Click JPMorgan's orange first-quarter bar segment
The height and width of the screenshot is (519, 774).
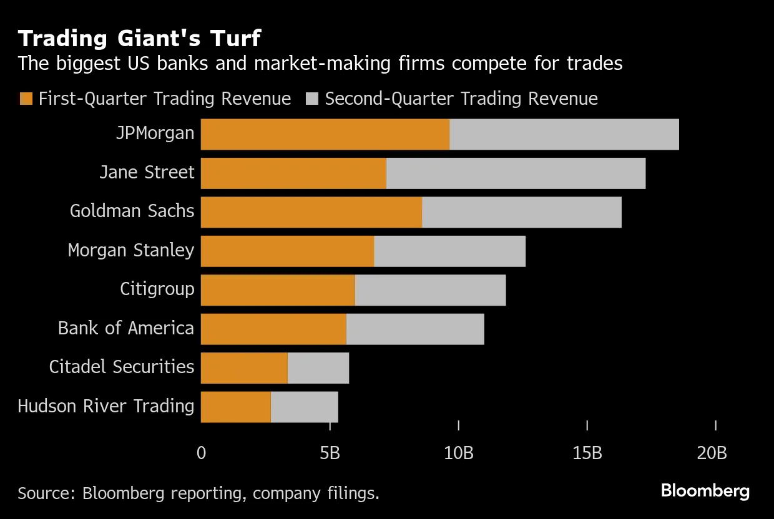[x=325, y=134]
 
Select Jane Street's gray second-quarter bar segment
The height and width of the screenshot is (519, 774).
[x=516, y=173]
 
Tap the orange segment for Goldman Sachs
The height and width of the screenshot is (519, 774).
[x=311, y=212]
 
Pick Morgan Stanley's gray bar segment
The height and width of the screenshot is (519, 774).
[x=449, y=251]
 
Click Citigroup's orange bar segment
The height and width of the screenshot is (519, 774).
[x=278, y=290]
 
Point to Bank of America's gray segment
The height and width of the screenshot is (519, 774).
[x=415, y=329]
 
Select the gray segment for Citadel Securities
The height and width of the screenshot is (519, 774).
[x=318, y=368]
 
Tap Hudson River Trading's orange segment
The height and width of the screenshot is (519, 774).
[x=235, y=407]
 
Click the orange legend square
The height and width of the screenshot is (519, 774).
[x=26, y=99]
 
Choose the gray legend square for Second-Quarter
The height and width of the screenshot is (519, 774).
[x=313, y=99]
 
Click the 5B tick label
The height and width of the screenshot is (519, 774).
[x=330, y=453]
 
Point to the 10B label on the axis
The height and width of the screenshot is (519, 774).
[x=458, y=453]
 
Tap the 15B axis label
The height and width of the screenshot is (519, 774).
[x=587, y=453]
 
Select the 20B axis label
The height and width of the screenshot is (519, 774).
[x=712, y=453]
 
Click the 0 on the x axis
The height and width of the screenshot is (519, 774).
[x=201, y=453]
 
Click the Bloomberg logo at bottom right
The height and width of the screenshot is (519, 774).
[x=705, y=491]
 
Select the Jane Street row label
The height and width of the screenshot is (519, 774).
[x=147, y=172]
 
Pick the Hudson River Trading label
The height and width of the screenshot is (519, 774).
[x=106, y=406]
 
